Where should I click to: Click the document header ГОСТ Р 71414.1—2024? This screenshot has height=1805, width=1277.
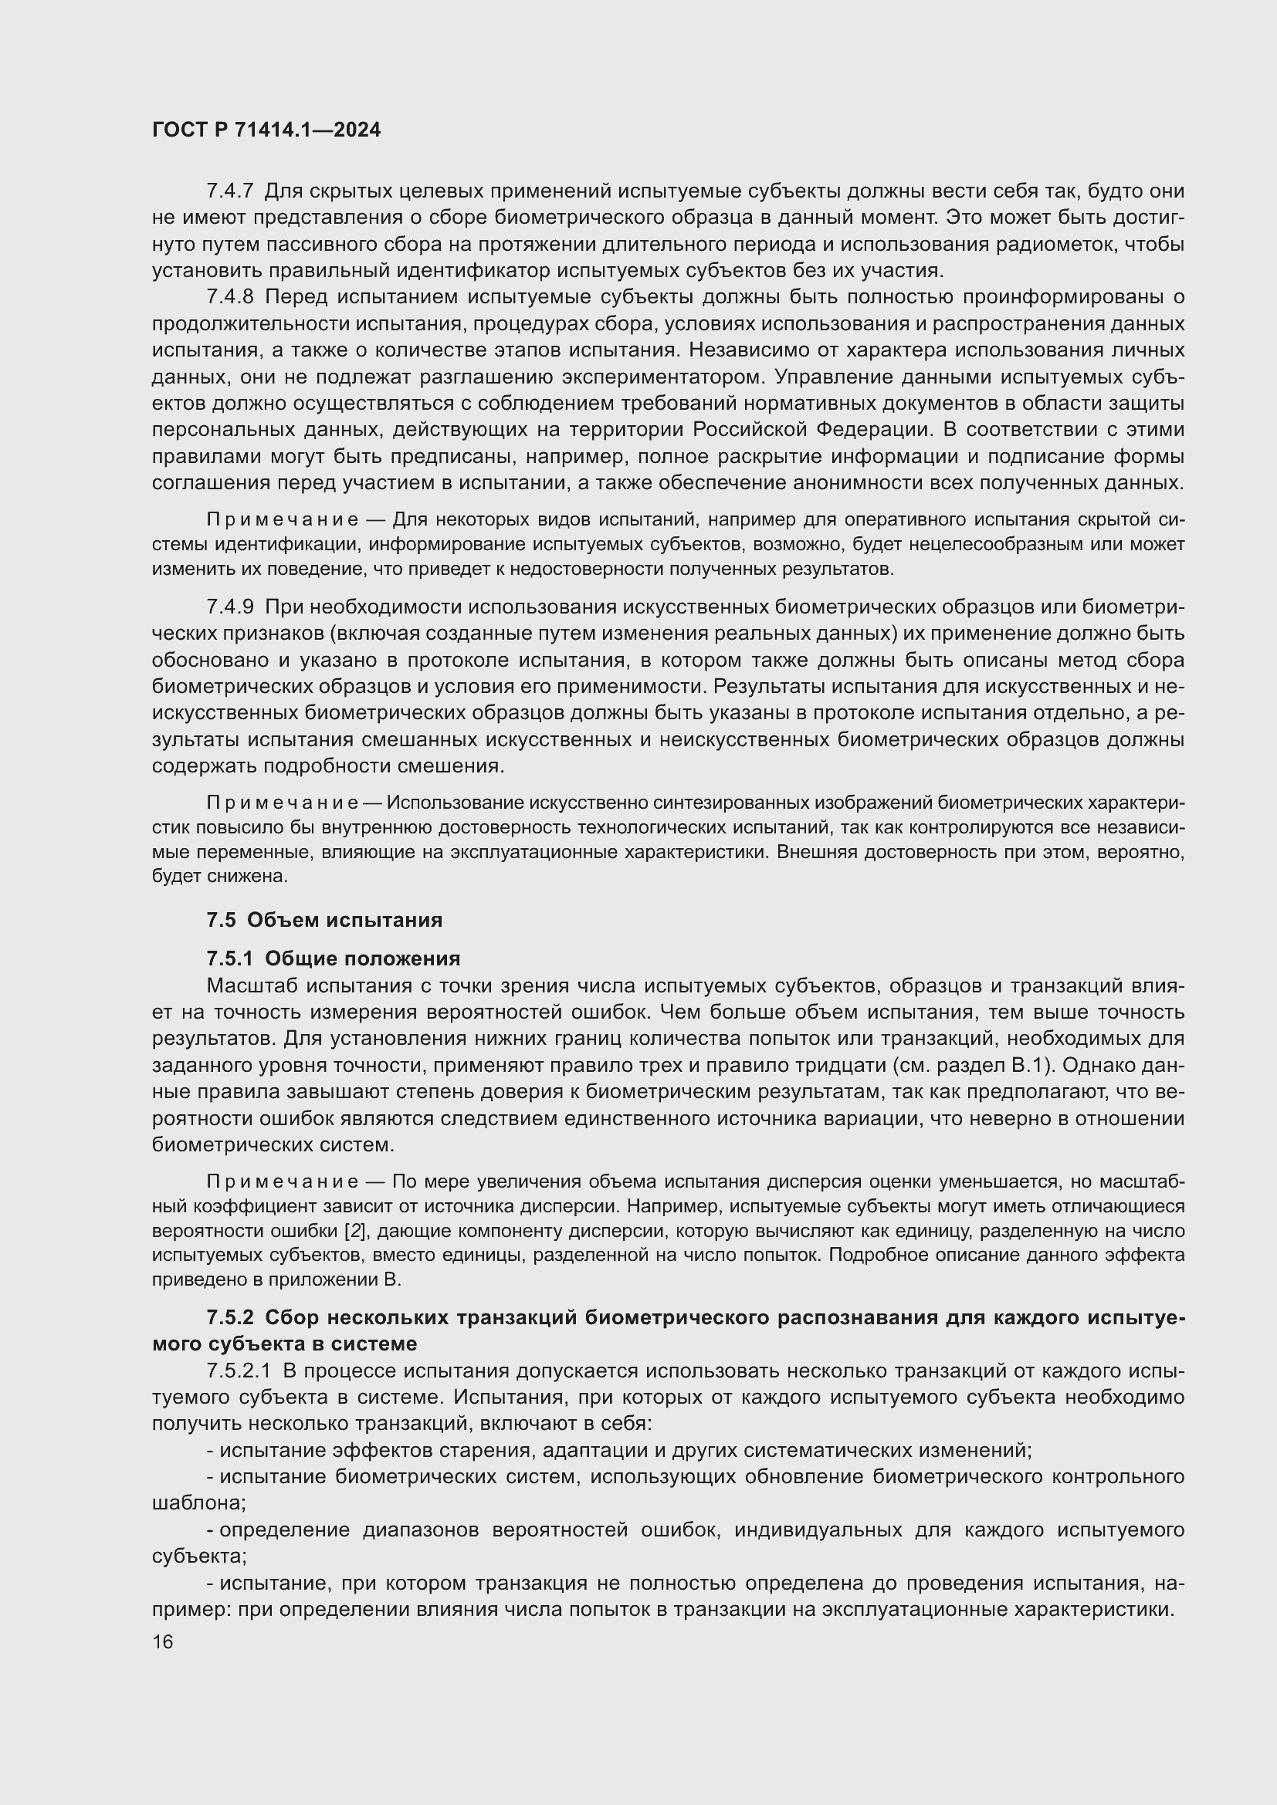(x=266, y=130)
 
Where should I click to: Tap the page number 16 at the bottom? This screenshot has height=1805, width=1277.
(x=162, y=1641)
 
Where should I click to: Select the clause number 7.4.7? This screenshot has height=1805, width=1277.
(x=229, y=191)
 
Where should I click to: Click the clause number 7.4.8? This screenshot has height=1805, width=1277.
(x=229, y=297)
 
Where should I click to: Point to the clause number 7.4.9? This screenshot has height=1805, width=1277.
(x=229, y=607)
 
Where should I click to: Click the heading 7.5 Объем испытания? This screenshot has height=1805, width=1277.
(x=324, y=920)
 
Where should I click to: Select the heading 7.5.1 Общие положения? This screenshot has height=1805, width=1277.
(x=334, y=958)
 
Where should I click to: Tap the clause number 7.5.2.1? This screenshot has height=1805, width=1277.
(x=239, y=1371)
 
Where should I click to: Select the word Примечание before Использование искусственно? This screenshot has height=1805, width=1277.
(x=283, y=803)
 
